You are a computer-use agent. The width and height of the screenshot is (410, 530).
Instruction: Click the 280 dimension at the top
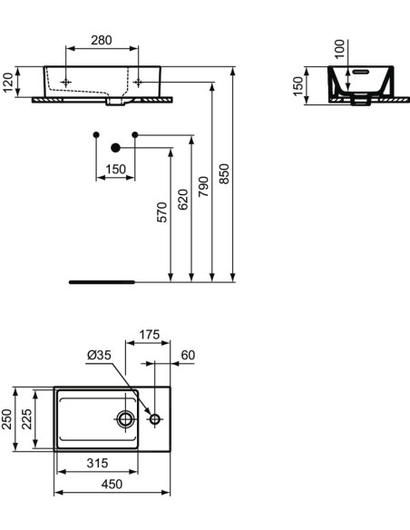(102, 40)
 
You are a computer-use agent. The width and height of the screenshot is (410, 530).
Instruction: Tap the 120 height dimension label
(9, 83)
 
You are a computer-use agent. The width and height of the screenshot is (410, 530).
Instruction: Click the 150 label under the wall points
(116, 169)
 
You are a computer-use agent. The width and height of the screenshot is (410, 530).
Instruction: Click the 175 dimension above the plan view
(149, 335)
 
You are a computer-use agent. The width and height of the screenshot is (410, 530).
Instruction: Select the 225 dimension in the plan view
(27, 417)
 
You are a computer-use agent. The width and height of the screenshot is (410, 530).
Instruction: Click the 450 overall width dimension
(112, 486)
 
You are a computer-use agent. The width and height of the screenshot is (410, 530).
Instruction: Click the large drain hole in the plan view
(125, 418)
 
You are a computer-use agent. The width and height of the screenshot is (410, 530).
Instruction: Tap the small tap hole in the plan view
(155, 418)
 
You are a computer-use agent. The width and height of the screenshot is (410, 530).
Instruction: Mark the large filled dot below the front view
(115, 147)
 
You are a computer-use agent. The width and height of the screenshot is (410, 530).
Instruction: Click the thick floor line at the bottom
(102, 282)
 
